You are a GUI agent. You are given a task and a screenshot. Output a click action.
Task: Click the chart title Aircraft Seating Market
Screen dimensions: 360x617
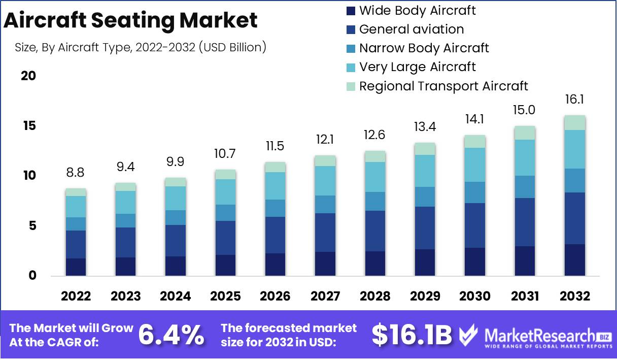130,20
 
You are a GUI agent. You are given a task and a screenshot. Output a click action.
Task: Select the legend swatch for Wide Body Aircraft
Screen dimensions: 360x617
351,10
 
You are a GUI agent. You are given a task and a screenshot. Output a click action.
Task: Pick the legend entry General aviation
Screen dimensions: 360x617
411,29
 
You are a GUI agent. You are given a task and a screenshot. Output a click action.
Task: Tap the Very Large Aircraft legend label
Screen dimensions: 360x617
417,67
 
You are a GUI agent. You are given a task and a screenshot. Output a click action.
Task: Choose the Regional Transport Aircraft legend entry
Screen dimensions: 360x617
443,86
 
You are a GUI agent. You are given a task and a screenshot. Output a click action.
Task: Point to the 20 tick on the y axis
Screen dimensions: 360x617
28,76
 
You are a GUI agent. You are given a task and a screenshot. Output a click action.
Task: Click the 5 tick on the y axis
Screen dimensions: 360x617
32,226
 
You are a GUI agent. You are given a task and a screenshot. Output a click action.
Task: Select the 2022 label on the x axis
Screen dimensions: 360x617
76,297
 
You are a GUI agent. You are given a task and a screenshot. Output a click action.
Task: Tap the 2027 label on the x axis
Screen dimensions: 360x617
325,297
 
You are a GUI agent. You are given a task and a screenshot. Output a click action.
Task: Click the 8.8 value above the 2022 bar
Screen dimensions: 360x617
76,173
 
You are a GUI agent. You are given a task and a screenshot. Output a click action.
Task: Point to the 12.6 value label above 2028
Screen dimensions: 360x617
374,136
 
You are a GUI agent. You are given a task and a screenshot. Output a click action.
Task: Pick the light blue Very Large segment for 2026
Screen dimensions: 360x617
275,186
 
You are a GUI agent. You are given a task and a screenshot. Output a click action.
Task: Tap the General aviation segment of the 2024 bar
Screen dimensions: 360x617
176,241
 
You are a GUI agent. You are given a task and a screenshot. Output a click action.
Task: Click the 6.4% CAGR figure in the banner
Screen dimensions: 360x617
172,335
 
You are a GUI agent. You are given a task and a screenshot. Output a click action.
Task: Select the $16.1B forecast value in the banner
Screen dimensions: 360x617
412,335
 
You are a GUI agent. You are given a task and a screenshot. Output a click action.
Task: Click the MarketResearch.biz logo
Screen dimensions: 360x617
535,336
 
